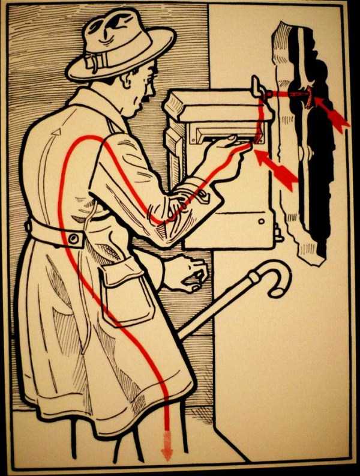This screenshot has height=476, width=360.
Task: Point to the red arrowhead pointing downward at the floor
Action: (x=167, y=450)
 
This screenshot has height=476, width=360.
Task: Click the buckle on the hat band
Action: (x=92, y=62)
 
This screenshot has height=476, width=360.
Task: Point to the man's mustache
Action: (x=145, y=95)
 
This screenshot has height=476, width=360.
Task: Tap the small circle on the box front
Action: (x=262, y=221)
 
